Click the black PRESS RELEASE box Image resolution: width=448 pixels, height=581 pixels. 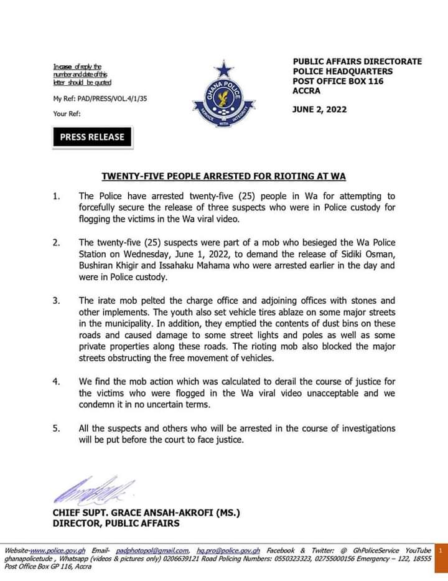[x=92, y=137]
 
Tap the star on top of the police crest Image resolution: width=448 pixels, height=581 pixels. [x=222, y=69]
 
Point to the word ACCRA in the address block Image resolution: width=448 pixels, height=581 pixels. [x=306, y=91]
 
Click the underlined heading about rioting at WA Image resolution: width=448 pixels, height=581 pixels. [x=223, y=176]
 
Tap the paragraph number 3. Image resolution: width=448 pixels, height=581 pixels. [x=56, y=300]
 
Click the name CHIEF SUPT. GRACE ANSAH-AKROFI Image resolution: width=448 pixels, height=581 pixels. [x=146, y=513]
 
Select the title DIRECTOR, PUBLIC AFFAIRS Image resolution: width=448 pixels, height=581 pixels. [x=116, y=524]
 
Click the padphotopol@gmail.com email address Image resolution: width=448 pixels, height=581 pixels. [x=152, y=550]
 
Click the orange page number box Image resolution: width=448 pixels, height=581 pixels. [x=440, y=551]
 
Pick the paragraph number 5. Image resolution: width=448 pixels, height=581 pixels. [x=56, y=428]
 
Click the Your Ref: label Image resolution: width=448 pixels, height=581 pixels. [x=67, y=114]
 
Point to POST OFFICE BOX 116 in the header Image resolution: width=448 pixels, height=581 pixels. [x=338, y=81]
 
